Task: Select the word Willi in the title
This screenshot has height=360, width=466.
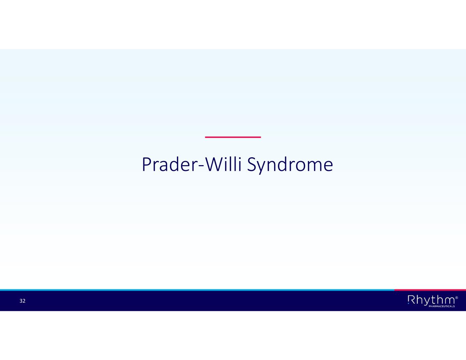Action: pyautogui.click(x=224, y=164)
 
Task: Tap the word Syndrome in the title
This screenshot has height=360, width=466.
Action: pyautogui.click(x=290, y=165)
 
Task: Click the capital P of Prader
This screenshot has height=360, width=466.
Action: pyautogui.click(x=147, y=164)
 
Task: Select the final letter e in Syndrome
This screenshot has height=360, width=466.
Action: pyautogui.click(x=328, y=167)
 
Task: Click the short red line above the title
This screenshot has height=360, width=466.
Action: pyautogui.click(x=233, y=137)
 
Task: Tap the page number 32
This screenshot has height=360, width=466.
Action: pyautogui.click(x=23, y=301)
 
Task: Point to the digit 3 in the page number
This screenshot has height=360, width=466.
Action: pyautogui.click(x=21, y=301)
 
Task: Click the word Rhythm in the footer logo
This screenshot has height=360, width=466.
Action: pyautogui.click(x=431, y=300)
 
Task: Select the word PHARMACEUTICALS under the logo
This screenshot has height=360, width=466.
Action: pyautogui.click(x=441, y=306)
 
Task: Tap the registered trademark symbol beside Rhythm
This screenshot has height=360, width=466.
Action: pyautogui.click(x=456, y=298)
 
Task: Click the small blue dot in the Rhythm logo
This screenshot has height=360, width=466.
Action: pyautogui.click(x=408, y=303)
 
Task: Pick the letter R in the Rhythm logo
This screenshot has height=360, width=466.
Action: pyautogui.click(x=411, y=300)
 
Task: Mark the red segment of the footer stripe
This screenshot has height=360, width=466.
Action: pyautogui.click(x=430, y=290)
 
